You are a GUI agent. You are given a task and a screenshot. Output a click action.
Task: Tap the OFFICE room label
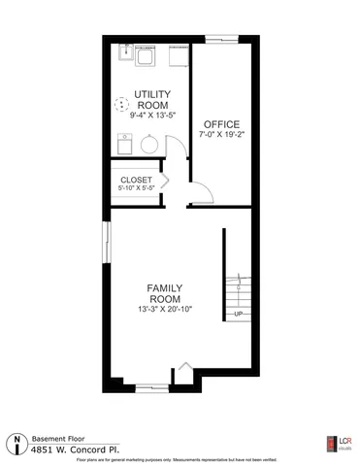(220, 124)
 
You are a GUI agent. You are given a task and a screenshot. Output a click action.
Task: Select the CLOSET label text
(136, 180)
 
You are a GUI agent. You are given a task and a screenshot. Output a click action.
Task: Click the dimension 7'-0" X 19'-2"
(220, 136)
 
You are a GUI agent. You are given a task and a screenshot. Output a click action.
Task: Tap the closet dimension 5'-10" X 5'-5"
(136, 189)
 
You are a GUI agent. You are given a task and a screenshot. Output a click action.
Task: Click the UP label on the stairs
(237, 314)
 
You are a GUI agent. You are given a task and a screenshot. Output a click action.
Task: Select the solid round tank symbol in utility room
(148, 144)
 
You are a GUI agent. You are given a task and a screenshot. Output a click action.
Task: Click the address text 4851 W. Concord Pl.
(69, 449)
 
